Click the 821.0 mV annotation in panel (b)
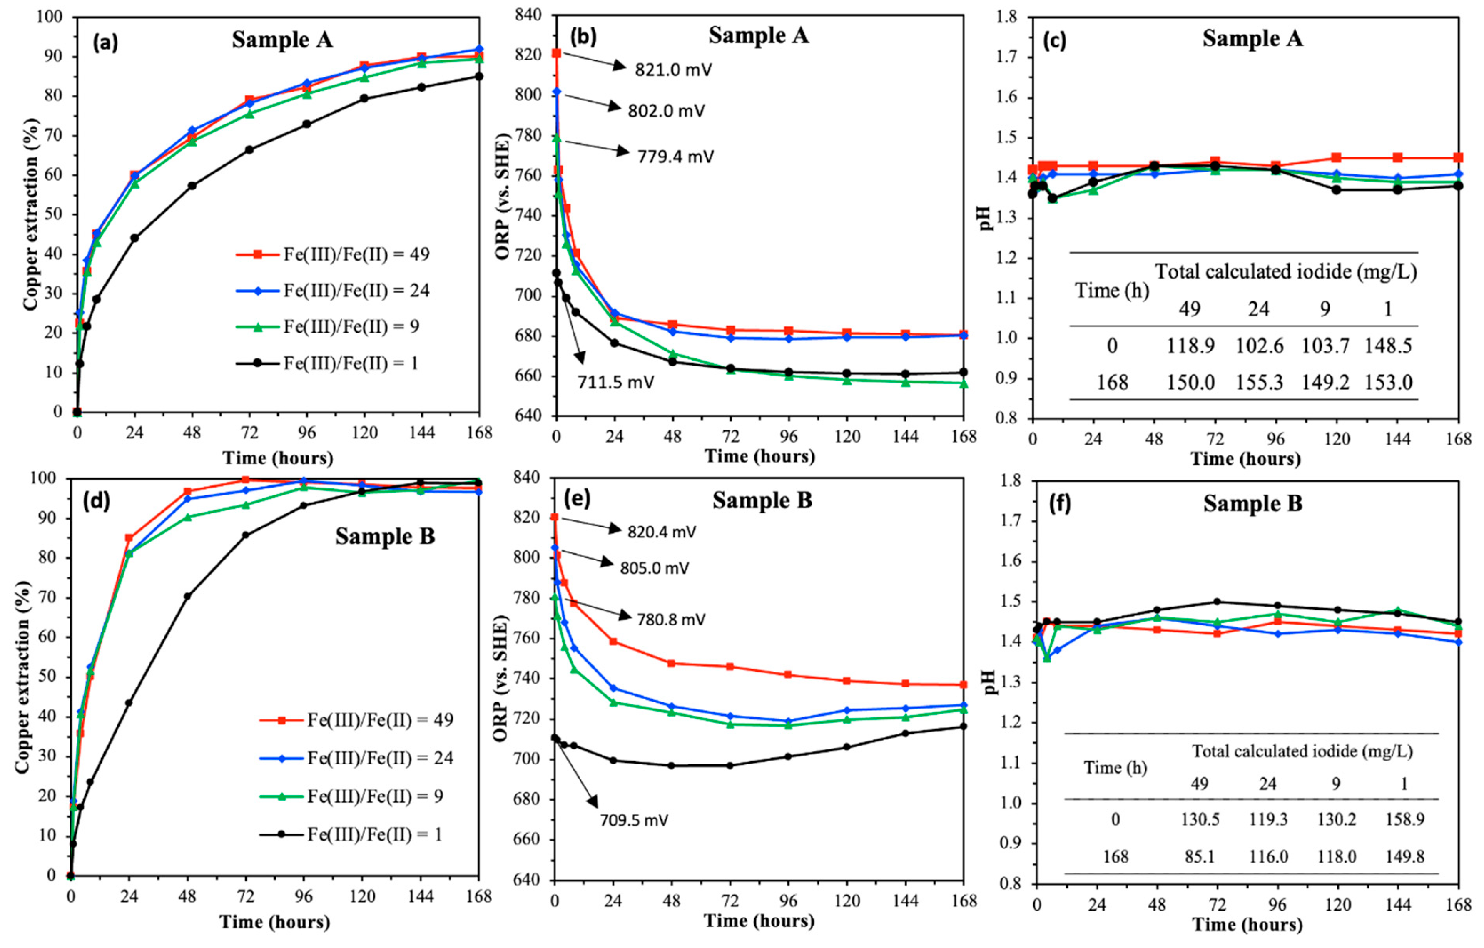pos(674,70)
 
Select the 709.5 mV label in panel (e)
pos(634,821)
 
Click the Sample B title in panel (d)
pos(385,536)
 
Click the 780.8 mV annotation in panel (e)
pos(670,620)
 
